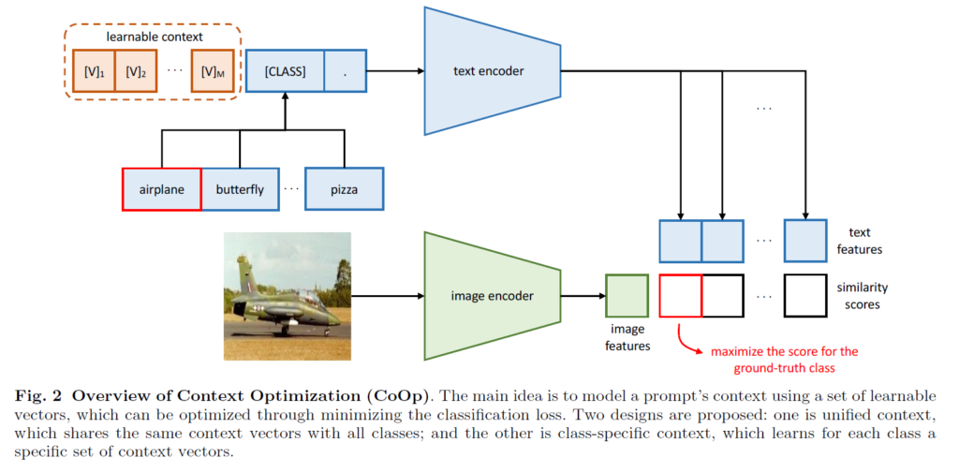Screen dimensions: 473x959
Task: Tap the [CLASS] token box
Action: pyautogui.click(x=285, y=71)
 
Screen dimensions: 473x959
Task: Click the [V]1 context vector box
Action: pyautogui.click(x=94, y=71)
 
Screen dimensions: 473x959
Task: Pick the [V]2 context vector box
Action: pyautogui.click(x=137, y=71)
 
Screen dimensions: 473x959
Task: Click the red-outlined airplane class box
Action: pyautogui.click(x=161, y=189)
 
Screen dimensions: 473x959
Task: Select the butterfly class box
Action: pyautogui.click(x=240, y=189)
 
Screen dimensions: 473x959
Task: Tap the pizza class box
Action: pyautogui.click(x=344, y=189)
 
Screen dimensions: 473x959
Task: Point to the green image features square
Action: pyautogui.click(x=627, y=296)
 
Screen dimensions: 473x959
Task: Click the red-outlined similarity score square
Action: pyautogui.click(x=681, y=296)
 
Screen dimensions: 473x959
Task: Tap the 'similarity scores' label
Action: pyautogui.click(x=861, y=296)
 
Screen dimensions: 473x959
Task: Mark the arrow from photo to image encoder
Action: pyautogui.click(x=387, y=296)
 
